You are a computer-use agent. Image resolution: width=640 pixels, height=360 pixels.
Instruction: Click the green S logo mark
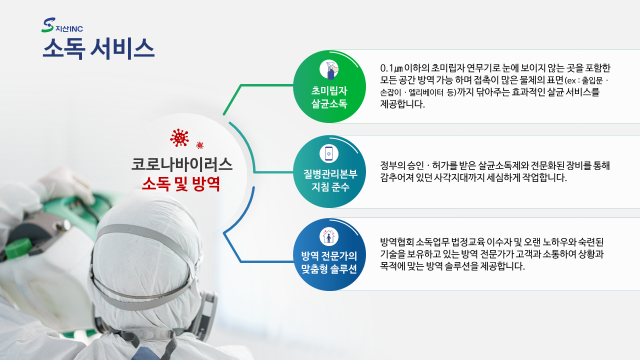tap(47, 25)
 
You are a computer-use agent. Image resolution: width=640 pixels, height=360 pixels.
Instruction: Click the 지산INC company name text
tap(69, 29)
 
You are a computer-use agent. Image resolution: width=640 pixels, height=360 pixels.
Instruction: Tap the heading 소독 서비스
tap(98, 49)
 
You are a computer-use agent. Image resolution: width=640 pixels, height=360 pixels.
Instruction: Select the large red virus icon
tap(179, 137)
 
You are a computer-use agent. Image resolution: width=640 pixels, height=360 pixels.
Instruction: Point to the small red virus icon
tap(199, 145)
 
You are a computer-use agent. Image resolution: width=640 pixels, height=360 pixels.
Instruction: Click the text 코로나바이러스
tap(181, 164)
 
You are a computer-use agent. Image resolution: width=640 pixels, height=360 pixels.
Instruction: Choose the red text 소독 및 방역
tap(181, 183)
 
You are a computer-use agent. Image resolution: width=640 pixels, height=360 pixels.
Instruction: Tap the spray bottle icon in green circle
tap(329, 69)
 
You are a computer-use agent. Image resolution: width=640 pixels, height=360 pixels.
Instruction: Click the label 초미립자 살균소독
tap(329, 97)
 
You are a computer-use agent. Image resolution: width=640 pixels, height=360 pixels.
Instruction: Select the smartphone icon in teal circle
tap(329, 153)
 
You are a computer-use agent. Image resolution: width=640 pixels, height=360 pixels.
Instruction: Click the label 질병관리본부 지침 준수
tap(330, 180)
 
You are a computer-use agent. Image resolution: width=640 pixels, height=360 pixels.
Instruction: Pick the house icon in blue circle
tap(329, 236)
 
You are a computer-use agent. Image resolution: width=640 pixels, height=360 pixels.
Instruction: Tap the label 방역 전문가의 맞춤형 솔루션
tap(329, 262)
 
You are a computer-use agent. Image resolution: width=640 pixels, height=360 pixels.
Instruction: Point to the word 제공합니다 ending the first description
tap(402, 104)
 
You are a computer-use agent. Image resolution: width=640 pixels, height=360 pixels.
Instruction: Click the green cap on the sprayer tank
tap(18, 247)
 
